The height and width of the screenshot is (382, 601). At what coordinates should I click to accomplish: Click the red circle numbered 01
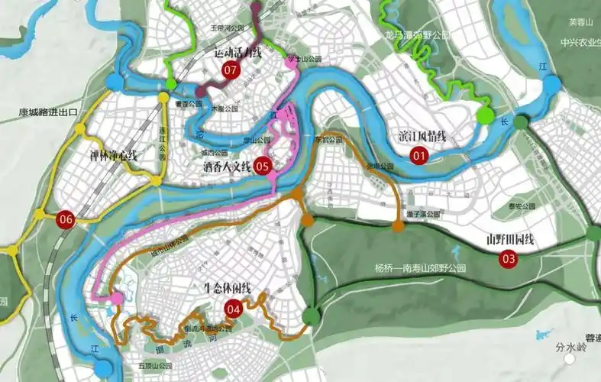418,155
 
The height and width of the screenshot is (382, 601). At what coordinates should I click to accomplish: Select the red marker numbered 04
233,309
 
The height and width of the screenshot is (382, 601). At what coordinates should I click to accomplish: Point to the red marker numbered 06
66,220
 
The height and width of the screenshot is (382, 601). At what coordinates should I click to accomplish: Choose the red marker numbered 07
230,70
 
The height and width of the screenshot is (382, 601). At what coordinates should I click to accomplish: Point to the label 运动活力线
237,53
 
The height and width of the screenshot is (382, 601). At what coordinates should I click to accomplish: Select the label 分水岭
570,348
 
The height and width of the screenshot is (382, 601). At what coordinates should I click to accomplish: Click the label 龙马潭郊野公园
417,36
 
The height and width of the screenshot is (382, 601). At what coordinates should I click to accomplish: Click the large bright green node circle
485,115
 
